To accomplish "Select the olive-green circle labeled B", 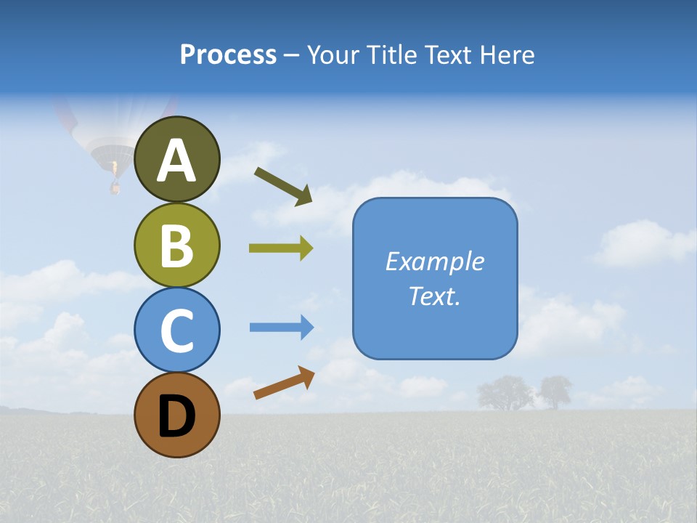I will click(x=177, y=245).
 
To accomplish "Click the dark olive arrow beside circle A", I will click(x=283, y=186).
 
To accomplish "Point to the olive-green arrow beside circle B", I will click(x=281, y=248).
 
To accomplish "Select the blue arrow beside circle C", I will click(x=282, y=328).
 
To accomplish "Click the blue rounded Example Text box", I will click(x=435, y=278).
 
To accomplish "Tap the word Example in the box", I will click(x=434, y=261).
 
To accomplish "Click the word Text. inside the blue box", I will click(x=434, y=296).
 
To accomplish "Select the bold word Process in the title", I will click(x=228, y=54).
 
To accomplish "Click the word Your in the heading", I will click(x=333, y=54).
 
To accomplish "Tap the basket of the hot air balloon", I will click(x=115, y=187).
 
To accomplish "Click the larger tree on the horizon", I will click(x=505, y=393).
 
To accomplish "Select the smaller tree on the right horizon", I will click(x=555, y=392).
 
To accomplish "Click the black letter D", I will click(x=177, y=417).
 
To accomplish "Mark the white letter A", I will click(x=177, y=160).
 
